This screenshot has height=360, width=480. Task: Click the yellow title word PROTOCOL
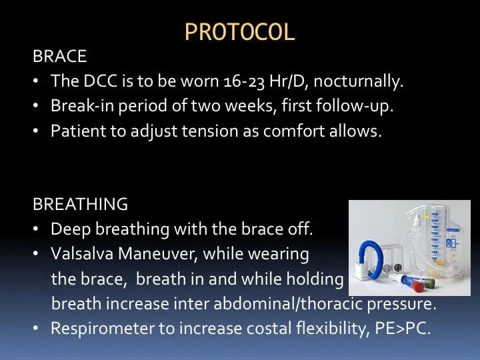240,32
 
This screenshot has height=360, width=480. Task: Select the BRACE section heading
60,56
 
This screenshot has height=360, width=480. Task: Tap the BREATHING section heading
80,204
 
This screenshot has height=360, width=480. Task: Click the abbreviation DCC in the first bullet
101,81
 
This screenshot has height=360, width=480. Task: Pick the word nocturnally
359,81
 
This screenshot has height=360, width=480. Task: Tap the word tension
210,131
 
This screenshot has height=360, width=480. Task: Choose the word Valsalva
82,254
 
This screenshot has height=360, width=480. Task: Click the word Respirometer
103,329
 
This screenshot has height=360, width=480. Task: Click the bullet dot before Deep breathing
36,229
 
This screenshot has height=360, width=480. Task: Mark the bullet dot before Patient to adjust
36,131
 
